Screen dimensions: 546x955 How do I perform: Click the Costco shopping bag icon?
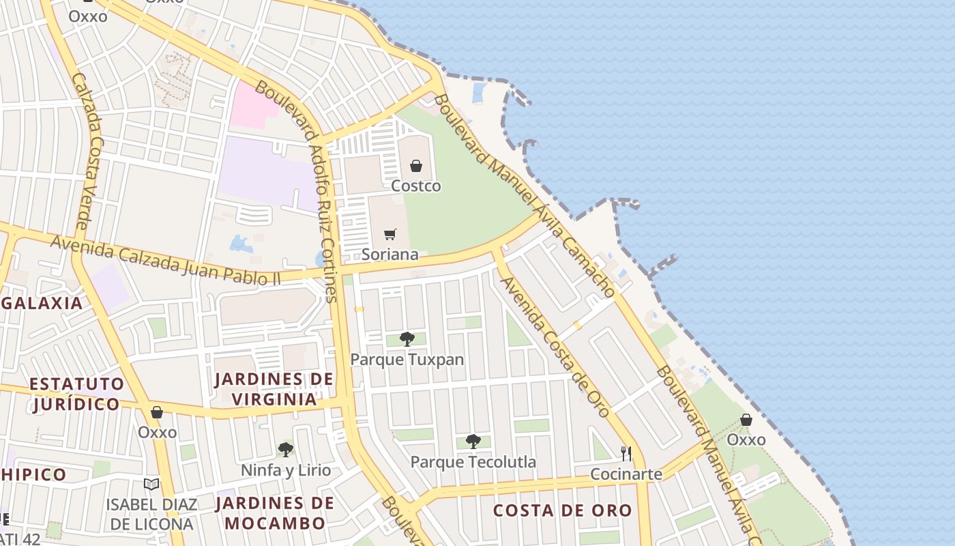coord(416,166)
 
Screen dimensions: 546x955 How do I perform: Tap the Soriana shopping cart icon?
coord(390,235)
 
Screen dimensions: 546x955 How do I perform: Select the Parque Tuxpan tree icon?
coord(407,339)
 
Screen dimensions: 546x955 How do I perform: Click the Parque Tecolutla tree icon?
coord(473,442)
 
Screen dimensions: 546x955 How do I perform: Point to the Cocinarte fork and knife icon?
coord(626,453)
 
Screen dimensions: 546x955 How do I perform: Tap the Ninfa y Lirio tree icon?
coord(286,450)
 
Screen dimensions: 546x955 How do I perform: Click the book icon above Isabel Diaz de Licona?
coord(151,485)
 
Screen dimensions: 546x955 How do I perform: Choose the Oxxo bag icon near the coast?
coord(746,420)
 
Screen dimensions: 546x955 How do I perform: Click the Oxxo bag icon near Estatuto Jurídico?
coord(157,412)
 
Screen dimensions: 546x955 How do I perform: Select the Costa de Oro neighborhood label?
coord(563,511)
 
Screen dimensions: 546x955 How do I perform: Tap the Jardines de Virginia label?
coord(274,389)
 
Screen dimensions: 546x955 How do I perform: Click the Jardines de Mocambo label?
coord(275,513)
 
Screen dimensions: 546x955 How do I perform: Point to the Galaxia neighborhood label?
coord(42,303)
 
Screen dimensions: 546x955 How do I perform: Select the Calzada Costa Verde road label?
coord(88,152)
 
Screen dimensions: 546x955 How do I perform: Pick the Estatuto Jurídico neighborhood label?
coord(76,394)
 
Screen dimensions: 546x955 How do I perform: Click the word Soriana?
coord(390,255)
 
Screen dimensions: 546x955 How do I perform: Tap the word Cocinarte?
coord(626,474)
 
